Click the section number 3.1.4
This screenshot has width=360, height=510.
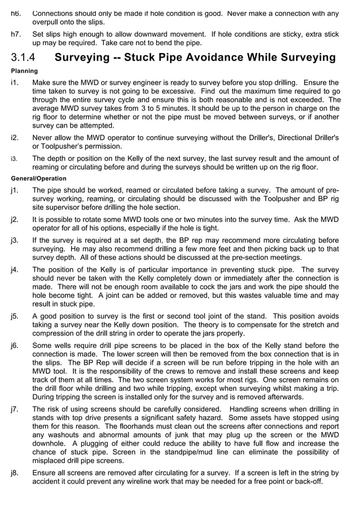[23, 58]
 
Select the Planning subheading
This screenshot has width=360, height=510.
[24, 71]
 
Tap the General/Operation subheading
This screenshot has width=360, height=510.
[38, 178]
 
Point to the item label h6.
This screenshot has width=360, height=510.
[16, 14]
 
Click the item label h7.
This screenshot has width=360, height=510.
[16, 34]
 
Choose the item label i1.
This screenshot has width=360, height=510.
[14, 82]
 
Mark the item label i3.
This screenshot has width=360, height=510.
[14, 159]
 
